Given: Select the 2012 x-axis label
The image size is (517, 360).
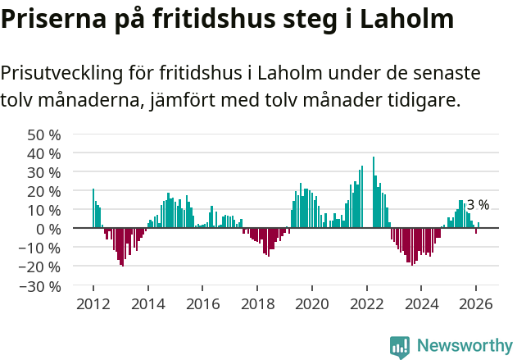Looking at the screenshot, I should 93,303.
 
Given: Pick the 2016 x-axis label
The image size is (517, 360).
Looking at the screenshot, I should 202,303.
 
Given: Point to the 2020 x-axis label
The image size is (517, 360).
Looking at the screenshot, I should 312,303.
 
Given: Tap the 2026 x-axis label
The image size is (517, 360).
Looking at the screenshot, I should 477,303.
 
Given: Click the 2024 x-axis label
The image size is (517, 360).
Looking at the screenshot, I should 422,303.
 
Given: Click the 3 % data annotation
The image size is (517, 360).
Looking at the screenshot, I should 478,205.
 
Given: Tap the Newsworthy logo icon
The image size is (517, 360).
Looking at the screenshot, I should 400,347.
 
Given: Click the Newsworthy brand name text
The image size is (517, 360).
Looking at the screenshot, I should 464,346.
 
